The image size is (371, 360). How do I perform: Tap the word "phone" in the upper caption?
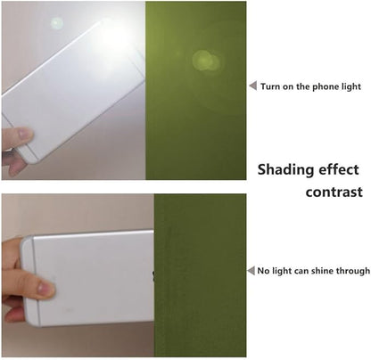326,86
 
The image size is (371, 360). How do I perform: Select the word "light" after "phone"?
352,86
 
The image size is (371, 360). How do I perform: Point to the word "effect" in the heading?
335,169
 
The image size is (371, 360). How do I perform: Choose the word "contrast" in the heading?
334,192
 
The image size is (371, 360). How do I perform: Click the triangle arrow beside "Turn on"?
253,86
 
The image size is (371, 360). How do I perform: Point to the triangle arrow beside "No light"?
251,271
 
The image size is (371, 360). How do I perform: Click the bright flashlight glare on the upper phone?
114,37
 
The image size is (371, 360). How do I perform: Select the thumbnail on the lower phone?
45,288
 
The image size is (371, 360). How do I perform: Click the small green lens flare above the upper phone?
56,23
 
